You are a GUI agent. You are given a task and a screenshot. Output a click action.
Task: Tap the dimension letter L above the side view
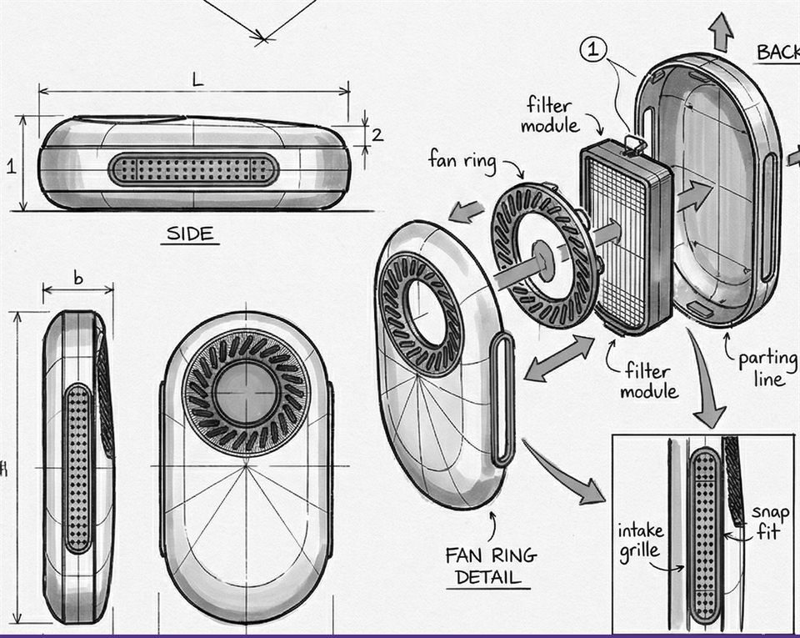point(197,80)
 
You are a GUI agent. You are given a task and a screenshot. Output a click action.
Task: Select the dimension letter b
point(78,279)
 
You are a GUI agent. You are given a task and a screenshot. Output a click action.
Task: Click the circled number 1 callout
point(592,51)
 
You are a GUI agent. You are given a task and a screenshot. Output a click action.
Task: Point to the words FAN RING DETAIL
point(491,565)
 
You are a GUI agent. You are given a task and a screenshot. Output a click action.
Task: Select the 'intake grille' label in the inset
point(641,540)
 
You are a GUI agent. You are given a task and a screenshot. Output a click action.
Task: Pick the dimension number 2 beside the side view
point(377,134)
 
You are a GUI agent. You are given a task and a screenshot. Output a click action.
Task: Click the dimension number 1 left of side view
point(11,166)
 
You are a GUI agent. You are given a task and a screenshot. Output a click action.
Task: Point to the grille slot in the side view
point(192,169)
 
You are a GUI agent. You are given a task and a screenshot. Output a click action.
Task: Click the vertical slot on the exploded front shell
point(504,399)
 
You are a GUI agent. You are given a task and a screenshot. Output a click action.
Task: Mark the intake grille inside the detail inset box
point(705,535)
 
